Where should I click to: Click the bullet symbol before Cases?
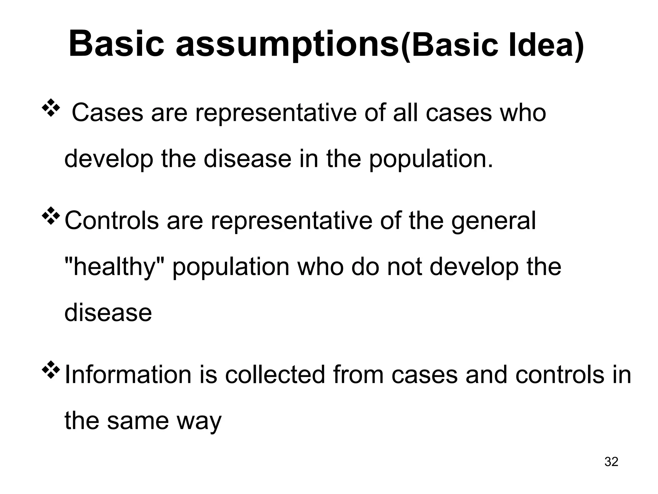(51, 108)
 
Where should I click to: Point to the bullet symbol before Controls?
(51, 216)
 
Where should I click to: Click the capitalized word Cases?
(107, 113)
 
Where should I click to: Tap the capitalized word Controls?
(112, 221)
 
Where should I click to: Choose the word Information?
(128, 375)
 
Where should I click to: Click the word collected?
(275, 375)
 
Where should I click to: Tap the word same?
(138, 421)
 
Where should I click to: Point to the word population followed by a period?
(431, 160)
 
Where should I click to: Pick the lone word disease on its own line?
(108, 313)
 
